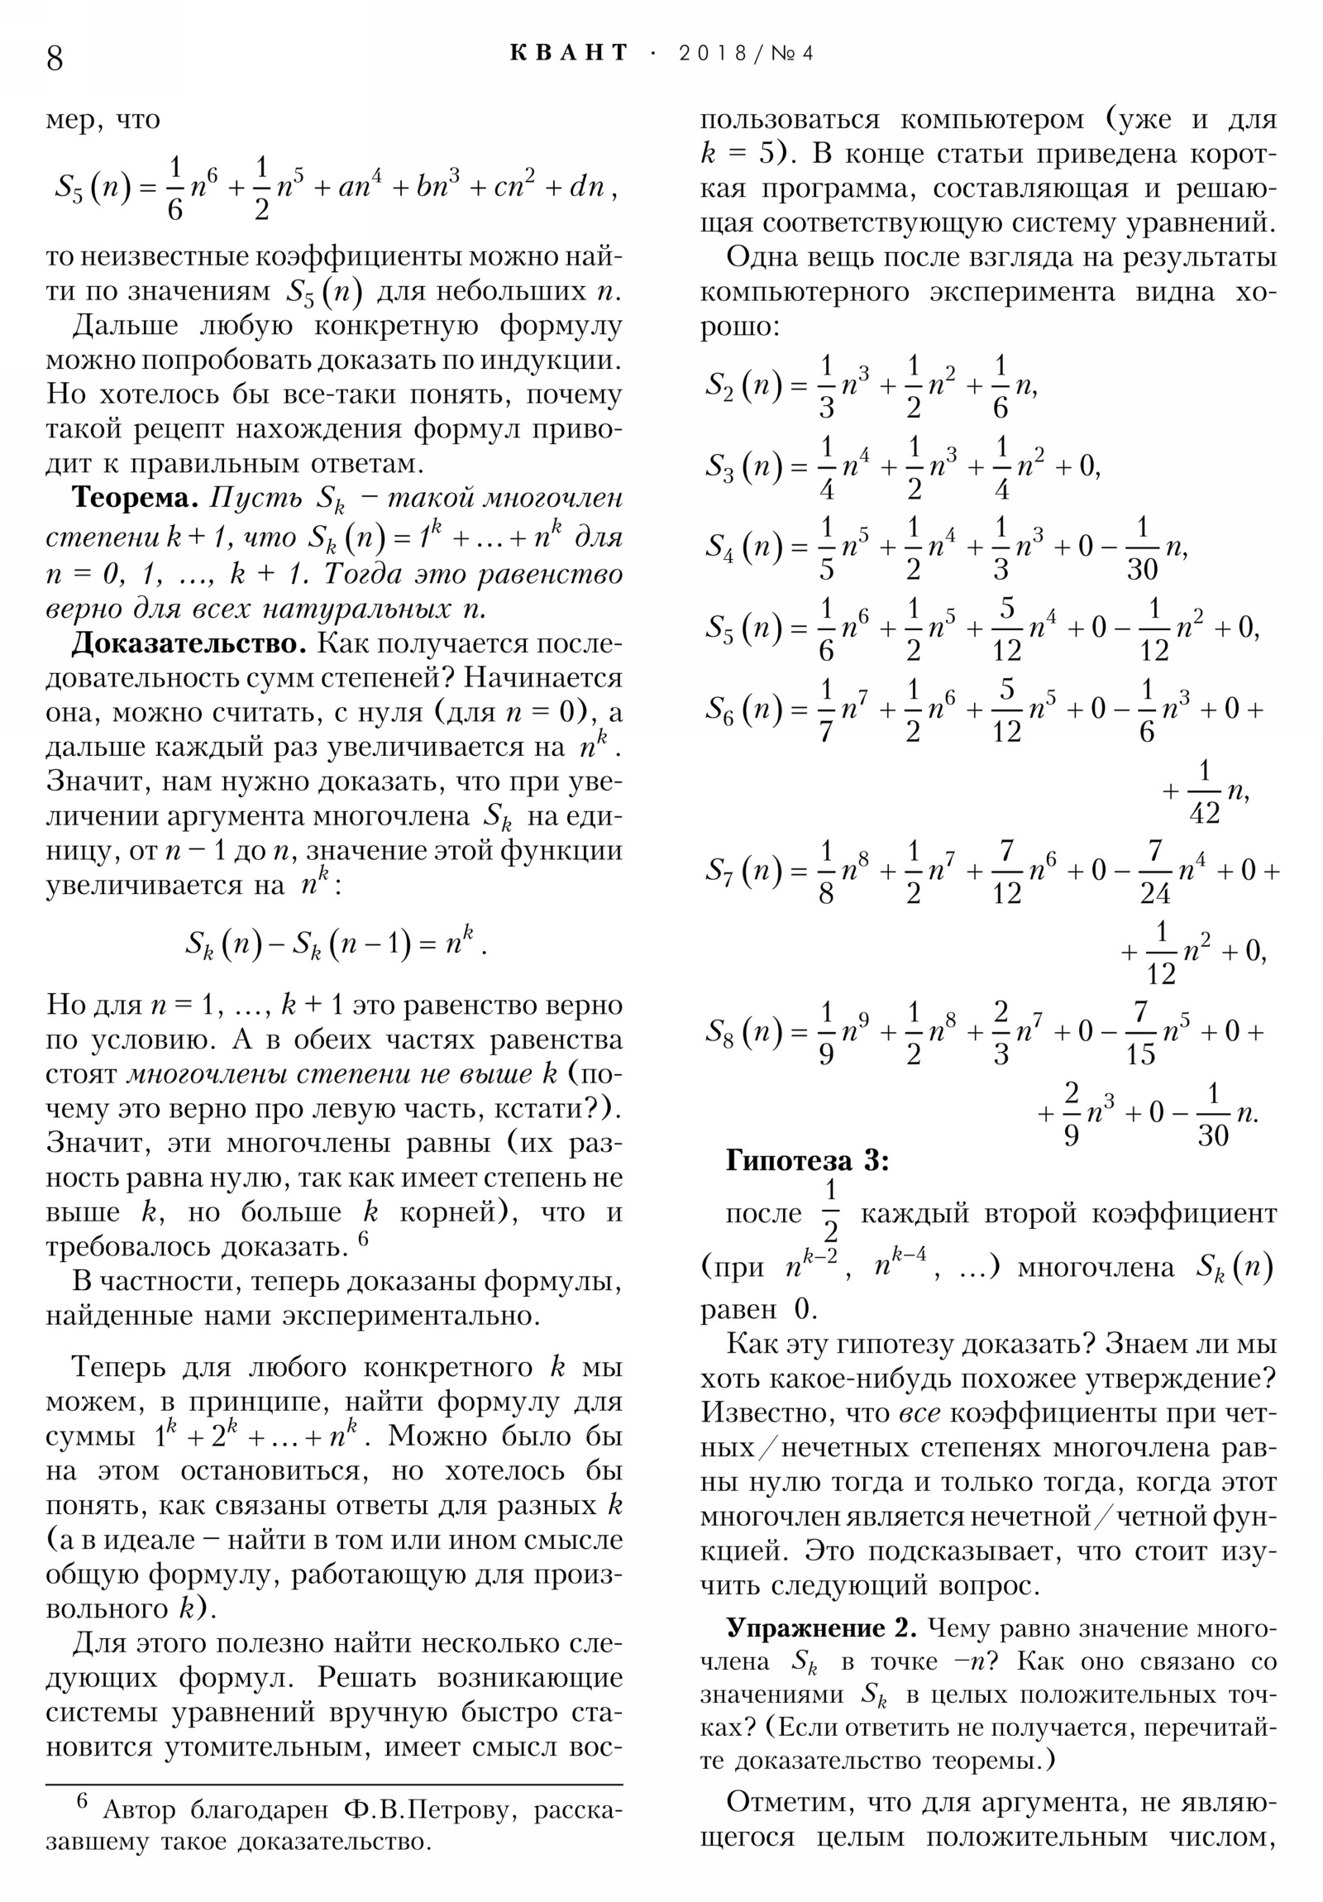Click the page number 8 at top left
click(x=55, y=59)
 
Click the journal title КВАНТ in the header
click(x=569, y=53)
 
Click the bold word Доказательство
click(x=189, y=643)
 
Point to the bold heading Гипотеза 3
click(x=807, y=1160)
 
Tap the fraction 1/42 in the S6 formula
click(x=1204, y=792)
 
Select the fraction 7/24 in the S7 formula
click(x=1155, y=872)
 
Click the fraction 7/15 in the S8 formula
click(x=1140, y=1033)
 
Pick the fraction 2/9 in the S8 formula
click(x=1071, y=1113)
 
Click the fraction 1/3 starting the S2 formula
click(x=826, y=386)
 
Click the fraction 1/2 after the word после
click(x=830, y=1212)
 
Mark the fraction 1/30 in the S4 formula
click(x=1142, y=547)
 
